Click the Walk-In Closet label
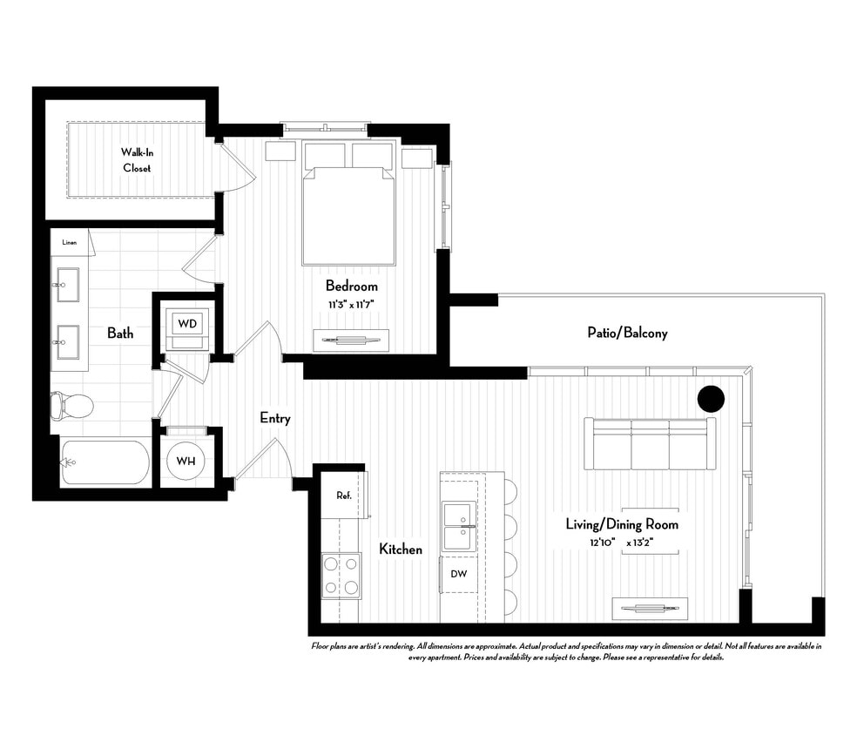(136, 159)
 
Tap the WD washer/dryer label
(188, 324)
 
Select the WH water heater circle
(186, 459)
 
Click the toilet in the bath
(71, 405)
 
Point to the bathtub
(105, 462)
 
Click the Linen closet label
(70, 242)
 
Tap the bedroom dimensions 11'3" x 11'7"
(352, 304)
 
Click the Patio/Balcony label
(627, 333)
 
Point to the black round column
(711, 399)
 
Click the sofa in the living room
(650, 443)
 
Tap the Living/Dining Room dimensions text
(621, 543)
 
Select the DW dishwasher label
(458, 574)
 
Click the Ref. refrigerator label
(343, 496)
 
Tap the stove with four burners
(341, 576)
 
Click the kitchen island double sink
(458, 526)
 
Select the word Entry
(275, 418)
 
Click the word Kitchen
(401, 549)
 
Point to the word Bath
(120, 333)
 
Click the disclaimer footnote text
(566, 651)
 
